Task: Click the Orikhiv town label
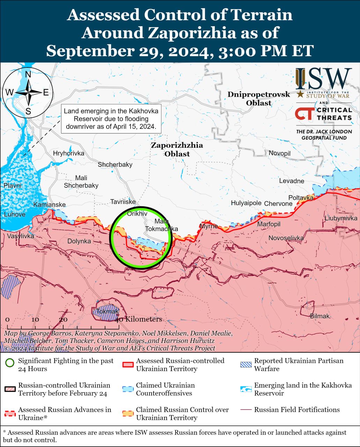coord(137,213)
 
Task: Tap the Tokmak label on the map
coord(107,312)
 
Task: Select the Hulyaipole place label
coord(246,203)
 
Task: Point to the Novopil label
coord(279,153)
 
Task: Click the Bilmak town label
coord(319,316)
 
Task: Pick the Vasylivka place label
coord(21,236)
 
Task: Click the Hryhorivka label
coord(68,153)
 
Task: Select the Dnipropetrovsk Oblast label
coord(259,98)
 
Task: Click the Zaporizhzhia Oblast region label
coord(177,149)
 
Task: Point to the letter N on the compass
coord(28,74)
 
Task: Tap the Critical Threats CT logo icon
coord(304,113)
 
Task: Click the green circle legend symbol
coord(10,363)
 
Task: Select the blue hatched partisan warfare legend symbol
coord(246,365)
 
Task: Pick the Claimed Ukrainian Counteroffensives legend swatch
coord(128,389)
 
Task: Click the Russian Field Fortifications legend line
coord(246,410)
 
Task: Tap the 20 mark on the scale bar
coord(63,320)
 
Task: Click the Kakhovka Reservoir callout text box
coord(111,119)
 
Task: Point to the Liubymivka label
coord(341,218)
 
